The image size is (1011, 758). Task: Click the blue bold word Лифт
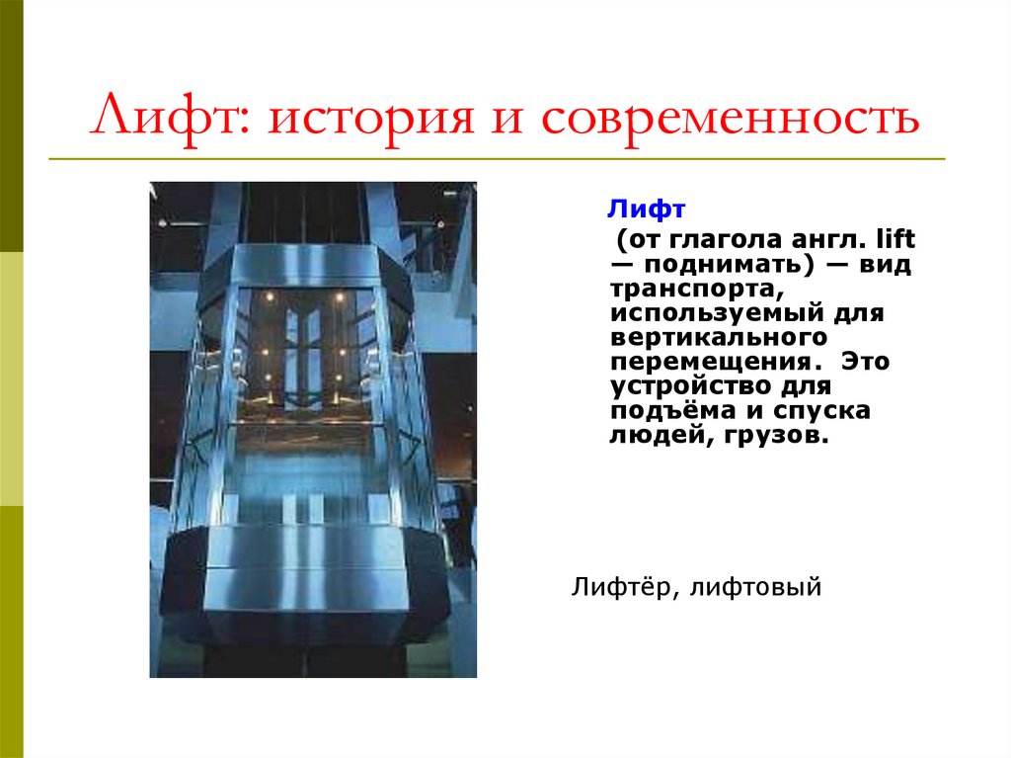[646, 210]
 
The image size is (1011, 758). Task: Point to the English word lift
[897, 240]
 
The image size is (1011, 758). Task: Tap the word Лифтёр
[617, 589]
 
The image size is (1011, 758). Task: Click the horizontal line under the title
[494, 158]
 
